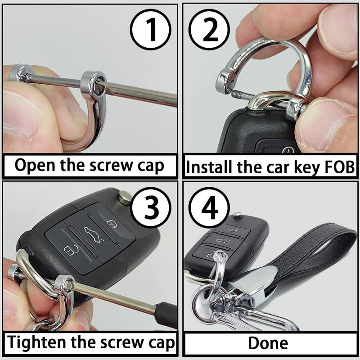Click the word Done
click(x=268, y=343)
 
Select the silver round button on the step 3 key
click(x=125, y=196)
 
